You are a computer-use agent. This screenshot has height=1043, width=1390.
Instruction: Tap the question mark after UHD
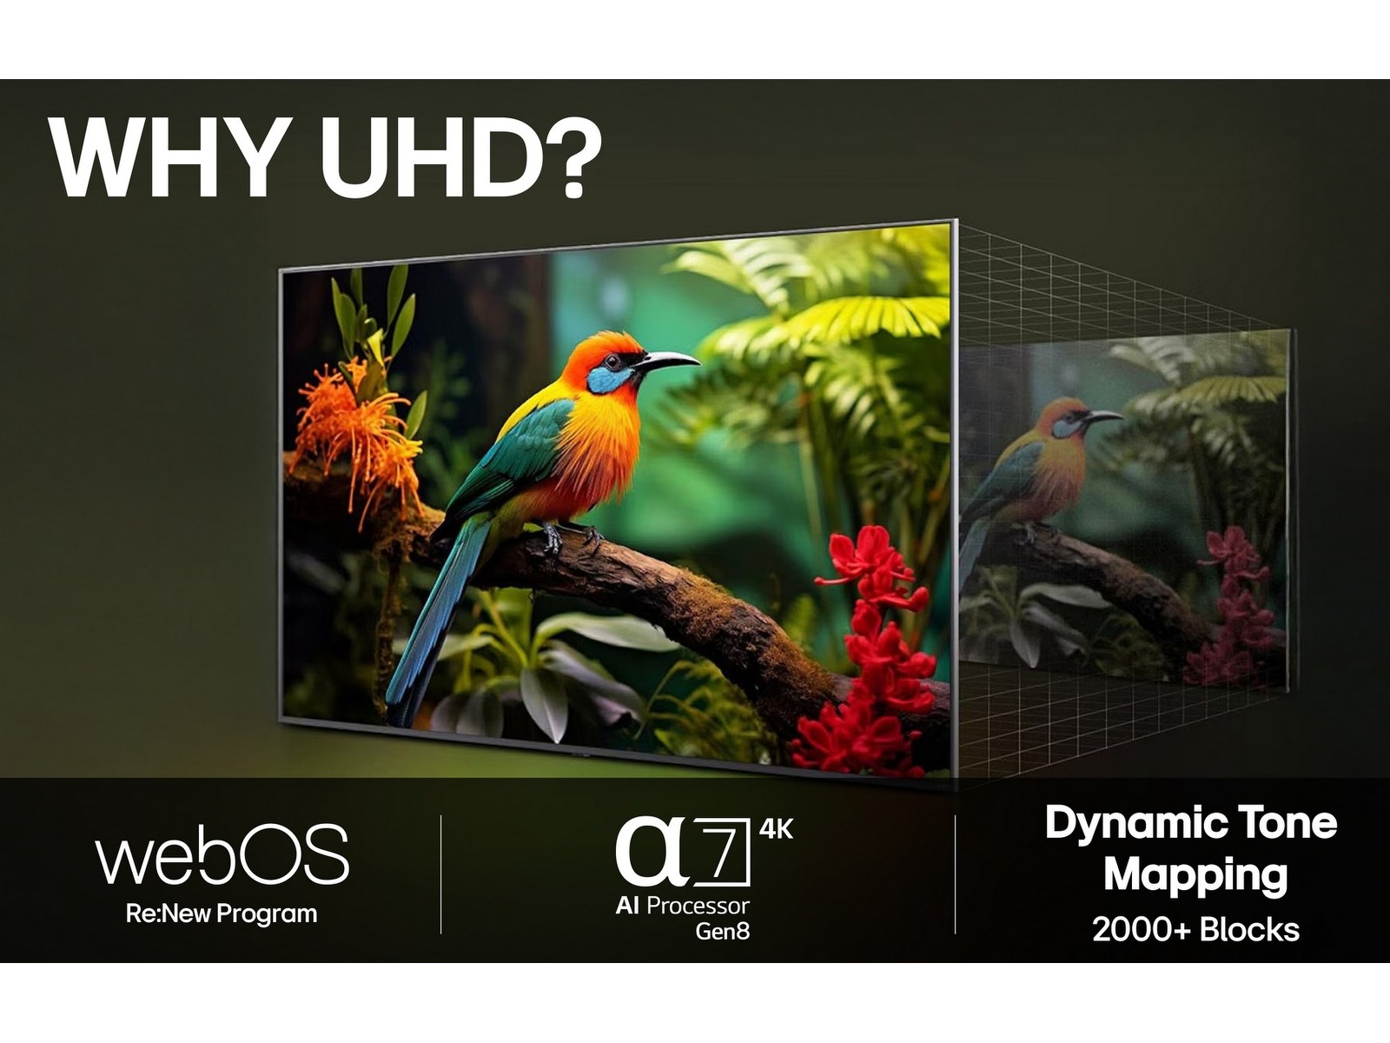[570, 156]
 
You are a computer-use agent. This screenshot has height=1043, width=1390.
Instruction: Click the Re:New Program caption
[222, 914]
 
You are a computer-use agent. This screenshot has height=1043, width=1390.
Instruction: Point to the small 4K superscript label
[776, 829]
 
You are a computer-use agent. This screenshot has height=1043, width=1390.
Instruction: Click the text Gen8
[722, 932]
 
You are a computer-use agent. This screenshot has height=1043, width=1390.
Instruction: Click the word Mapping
[1195, 874]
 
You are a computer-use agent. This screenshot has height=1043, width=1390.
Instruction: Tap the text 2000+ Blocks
[1195, 930]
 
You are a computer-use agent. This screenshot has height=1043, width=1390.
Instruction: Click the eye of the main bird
[614, 361]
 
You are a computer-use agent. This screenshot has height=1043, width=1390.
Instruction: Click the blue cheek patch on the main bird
[606, 380]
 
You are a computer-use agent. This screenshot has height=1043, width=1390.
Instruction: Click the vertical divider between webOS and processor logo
[441, 874]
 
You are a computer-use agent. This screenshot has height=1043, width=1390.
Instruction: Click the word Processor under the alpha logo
[698, 906]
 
